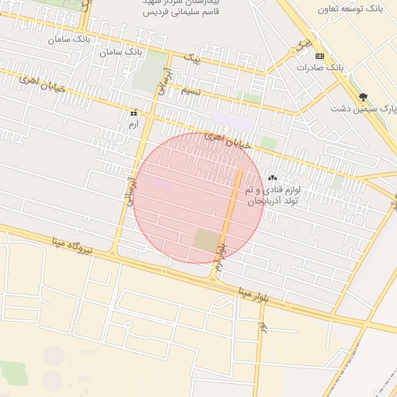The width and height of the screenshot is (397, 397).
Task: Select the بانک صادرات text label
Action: click(x=319, y=68)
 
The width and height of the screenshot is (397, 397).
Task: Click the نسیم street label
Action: click(x=191, y=91)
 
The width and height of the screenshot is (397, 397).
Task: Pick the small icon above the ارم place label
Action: click(x=133, y=112)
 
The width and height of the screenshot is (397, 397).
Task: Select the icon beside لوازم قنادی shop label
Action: click(x=272, y=178)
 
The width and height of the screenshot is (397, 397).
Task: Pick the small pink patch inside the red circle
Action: click(x=164, y=185)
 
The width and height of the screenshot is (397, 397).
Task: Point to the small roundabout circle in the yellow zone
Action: click(x=127, y=323)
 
